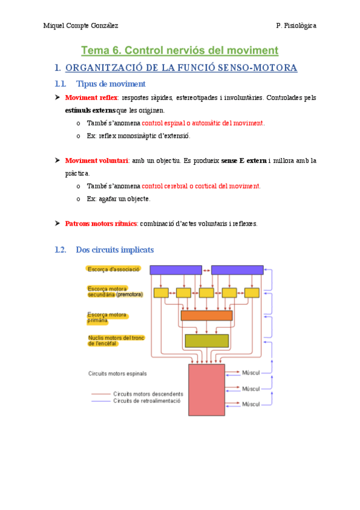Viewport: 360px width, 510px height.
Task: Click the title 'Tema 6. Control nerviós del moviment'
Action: tap(180, 50)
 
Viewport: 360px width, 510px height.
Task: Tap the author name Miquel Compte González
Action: tap(82, 26)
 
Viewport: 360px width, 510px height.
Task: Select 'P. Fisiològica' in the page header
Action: tap(296, 26)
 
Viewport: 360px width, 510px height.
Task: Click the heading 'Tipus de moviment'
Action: tap(111, 84)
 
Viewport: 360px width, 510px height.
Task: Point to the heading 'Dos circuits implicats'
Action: tap(115, 249)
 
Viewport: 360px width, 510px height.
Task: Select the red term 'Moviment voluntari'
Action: tap(96, 161)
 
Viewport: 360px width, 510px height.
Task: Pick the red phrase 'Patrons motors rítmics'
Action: tap(101, 224)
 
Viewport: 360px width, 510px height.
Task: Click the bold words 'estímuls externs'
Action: tap(89, 111)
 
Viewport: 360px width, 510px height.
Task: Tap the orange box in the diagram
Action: tap(206, 315)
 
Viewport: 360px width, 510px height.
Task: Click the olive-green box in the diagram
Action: tap(206, 340)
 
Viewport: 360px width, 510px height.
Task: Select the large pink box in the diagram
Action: tap(206, 389)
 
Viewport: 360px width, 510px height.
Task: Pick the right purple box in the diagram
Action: tap(237, 270)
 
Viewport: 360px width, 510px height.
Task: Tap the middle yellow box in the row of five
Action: tap(206, 293)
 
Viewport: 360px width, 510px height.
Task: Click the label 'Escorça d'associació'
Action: tap(114, 269)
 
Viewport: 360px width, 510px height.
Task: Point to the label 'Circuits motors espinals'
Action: tap(117, 373)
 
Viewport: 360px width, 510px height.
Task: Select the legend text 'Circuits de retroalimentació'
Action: tap(147, 401)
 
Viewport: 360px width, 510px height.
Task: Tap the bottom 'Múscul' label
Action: tap(251, 404)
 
